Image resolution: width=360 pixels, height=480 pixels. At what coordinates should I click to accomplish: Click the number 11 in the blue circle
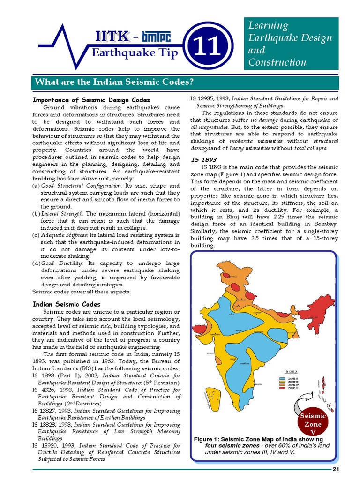tap(209, 46)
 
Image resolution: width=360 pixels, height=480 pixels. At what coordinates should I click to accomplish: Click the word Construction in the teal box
tap(277, 62)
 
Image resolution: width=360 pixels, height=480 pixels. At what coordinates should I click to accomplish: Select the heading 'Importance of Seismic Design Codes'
tap(91, 100)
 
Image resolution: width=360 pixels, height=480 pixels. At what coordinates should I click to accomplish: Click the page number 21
tap(336, 469)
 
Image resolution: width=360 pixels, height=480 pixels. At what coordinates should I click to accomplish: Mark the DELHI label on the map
tap(238, 306)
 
